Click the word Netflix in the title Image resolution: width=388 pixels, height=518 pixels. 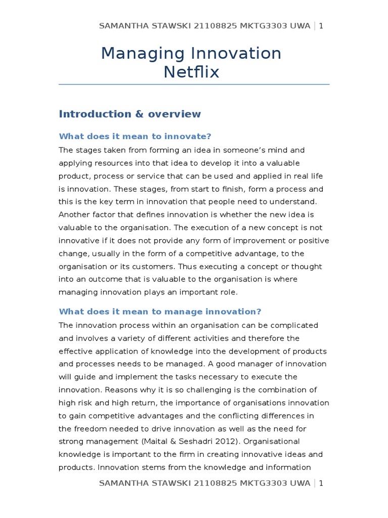click(x=191, y=72)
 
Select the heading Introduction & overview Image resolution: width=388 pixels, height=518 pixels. click(x=130, y=114)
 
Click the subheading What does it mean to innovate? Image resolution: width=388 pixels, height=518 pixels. click(x=135, y=137)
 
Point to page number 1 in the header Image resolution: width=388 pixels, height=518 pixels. click(x=321, y=26)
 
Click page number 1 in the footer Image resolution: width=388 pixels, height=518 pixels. click(x=321, y=483)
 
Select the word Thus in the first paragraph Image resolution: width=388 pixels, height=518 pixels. click(x=147, y=267)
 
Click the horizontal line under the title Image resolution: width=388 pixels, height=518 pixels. click(x=194, y=84)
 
